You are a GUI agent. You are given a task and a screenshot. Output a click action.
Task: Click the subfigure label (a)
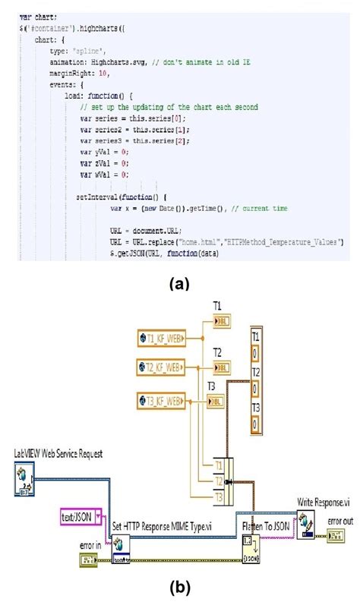(179, 283)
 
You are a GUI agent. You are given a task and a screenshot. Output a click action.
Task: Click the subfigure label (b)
(180, 587)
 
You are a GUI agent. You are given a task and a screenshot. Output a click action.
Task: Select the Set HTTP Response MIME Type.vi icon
(122, 544)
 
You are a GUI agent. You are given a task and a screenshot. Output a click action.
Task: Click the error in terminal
(88, 561)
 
